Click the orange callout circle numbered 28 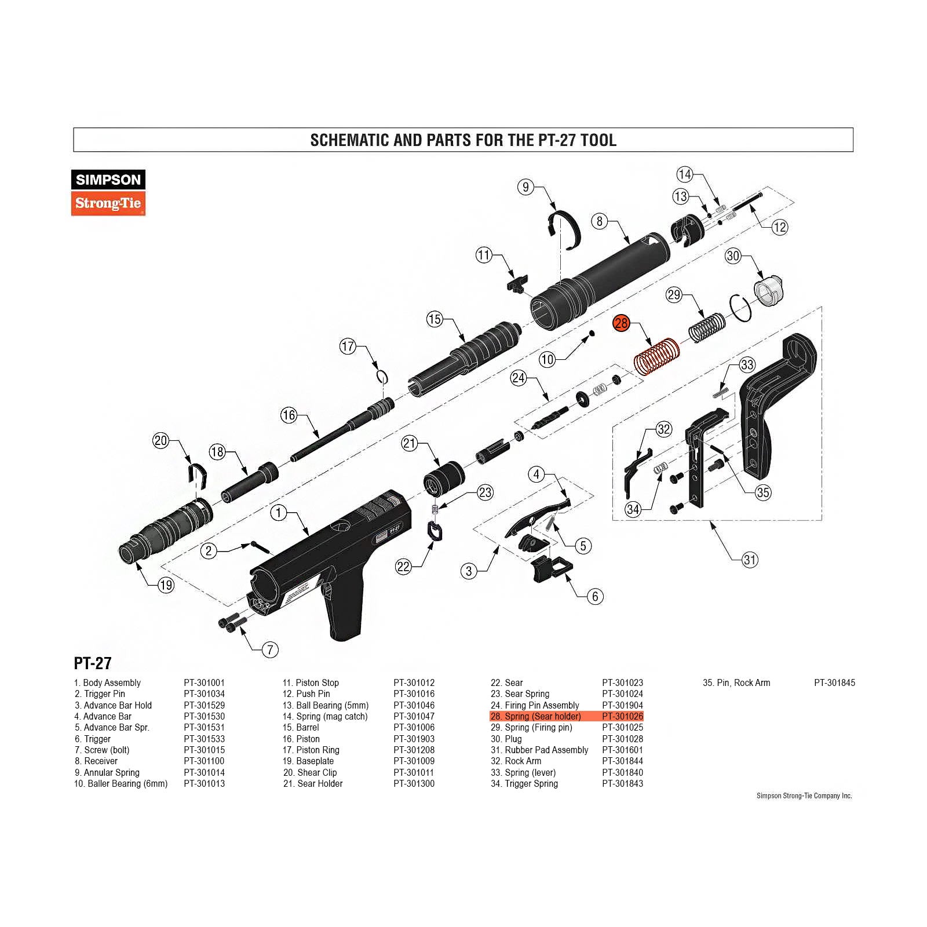[x=621, y=323]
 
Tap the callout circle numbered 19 [x=166, y=585]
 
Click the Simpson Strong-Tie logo [x=108, y=193]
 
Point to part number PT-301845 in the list [x=834, y=683]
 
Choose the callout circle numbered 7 [x=270, y=649]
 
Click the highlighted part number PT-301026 [x=622, y=717]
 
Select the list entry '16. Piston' [x=301, y=739]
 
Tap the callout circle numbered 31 [x=750, y=560]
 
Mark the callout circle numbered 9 [x=525, y=187]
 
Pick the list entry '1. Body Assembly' [x=108, y=683]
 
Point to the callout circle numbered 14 [x=685, y=174]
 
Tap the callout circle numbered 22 [x=403, y=567]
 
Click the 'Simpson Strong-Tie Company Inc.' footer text [x=804, y=796]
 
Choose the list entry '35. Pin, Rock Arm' [x=736, y=683]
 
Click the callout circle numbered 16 [x=289, y=415]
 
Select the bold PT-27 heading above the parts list [x=93, y=663]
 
